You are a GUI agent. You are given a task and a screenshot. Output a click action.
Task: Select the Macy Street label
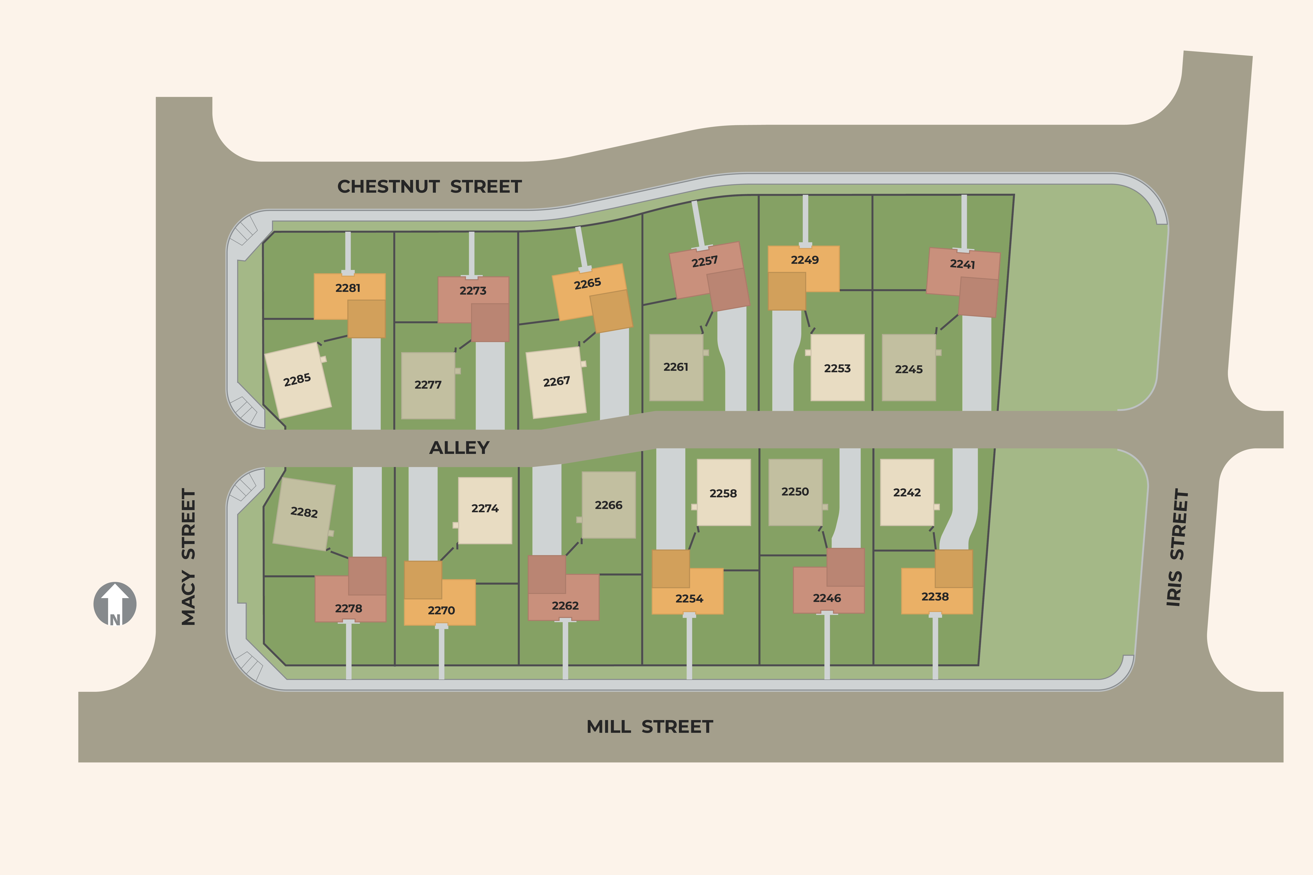click(x=189, y=557)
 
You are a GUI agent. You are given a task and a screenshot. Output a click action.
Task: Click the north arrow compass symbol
click(x=115, y=604)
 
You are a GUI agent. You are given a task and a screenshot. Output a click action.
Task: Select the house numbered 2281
click(x=348, y=289)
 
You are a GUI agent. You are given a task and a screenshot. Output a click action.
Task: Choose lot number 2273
click(x=473, y=291)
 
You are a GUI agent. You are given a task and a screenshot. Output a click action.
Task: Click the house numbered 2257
click(x=704, y=262)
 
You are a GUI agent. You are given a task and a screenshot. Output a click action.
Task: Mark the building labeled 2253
click(x=837, y=368)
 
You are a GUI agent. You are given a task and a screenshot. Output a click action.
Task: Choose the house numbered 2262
click(x=565, y=605)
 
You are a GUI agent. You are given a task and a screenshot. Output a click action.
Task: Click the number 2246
click(x=827, y=598)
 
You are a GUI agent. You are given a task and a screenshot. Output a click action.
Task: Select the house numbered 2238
click(x=935, y=596)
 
